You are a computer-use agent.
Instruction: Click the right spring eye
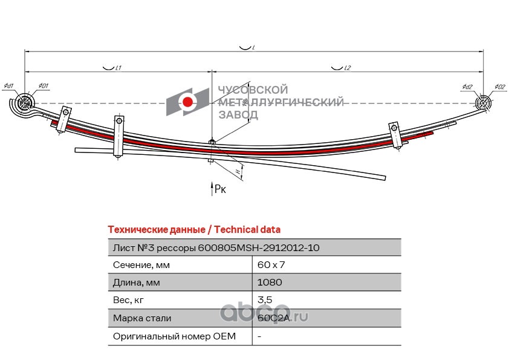(x=484, y=103)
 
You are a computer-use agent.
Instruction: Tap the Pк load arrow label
(x=221, y=190)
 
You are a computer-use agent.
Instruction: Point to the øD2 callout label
(x=499, y=87)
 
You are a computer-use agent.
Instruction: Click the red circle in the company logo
(x=188, y=102)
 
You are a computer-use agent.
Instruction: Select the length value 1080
(x=270, y=283)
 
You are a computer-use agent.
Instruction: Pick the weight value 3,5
(x=264, y=300)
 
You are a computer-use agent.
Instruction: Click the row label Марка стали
(x=142, y=318)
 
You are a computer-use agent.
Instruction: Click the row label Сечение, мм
(x=141, y=265)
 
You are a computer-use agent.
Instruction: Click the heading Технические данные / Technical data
(x=194, y=230)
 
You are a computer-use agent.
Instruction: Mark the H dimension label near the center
(x=238, y=172)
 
